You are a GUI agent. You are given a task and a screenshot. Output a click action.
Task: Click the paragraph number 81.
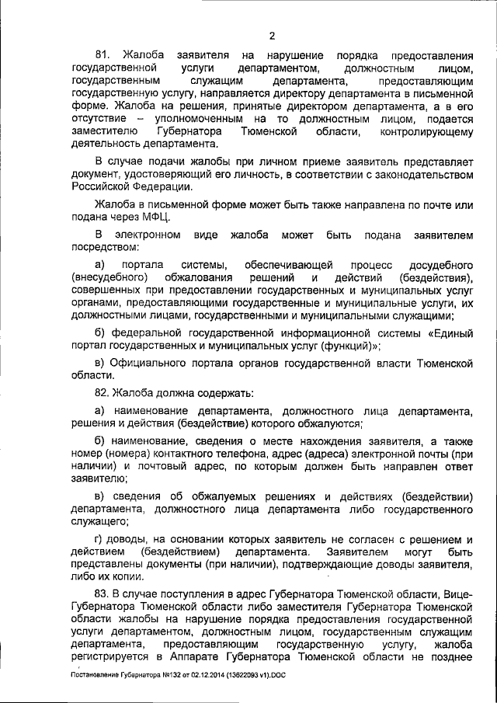[103, 56]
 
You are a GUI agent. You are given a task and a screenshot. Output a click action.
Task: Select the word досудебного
[438, 266]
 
